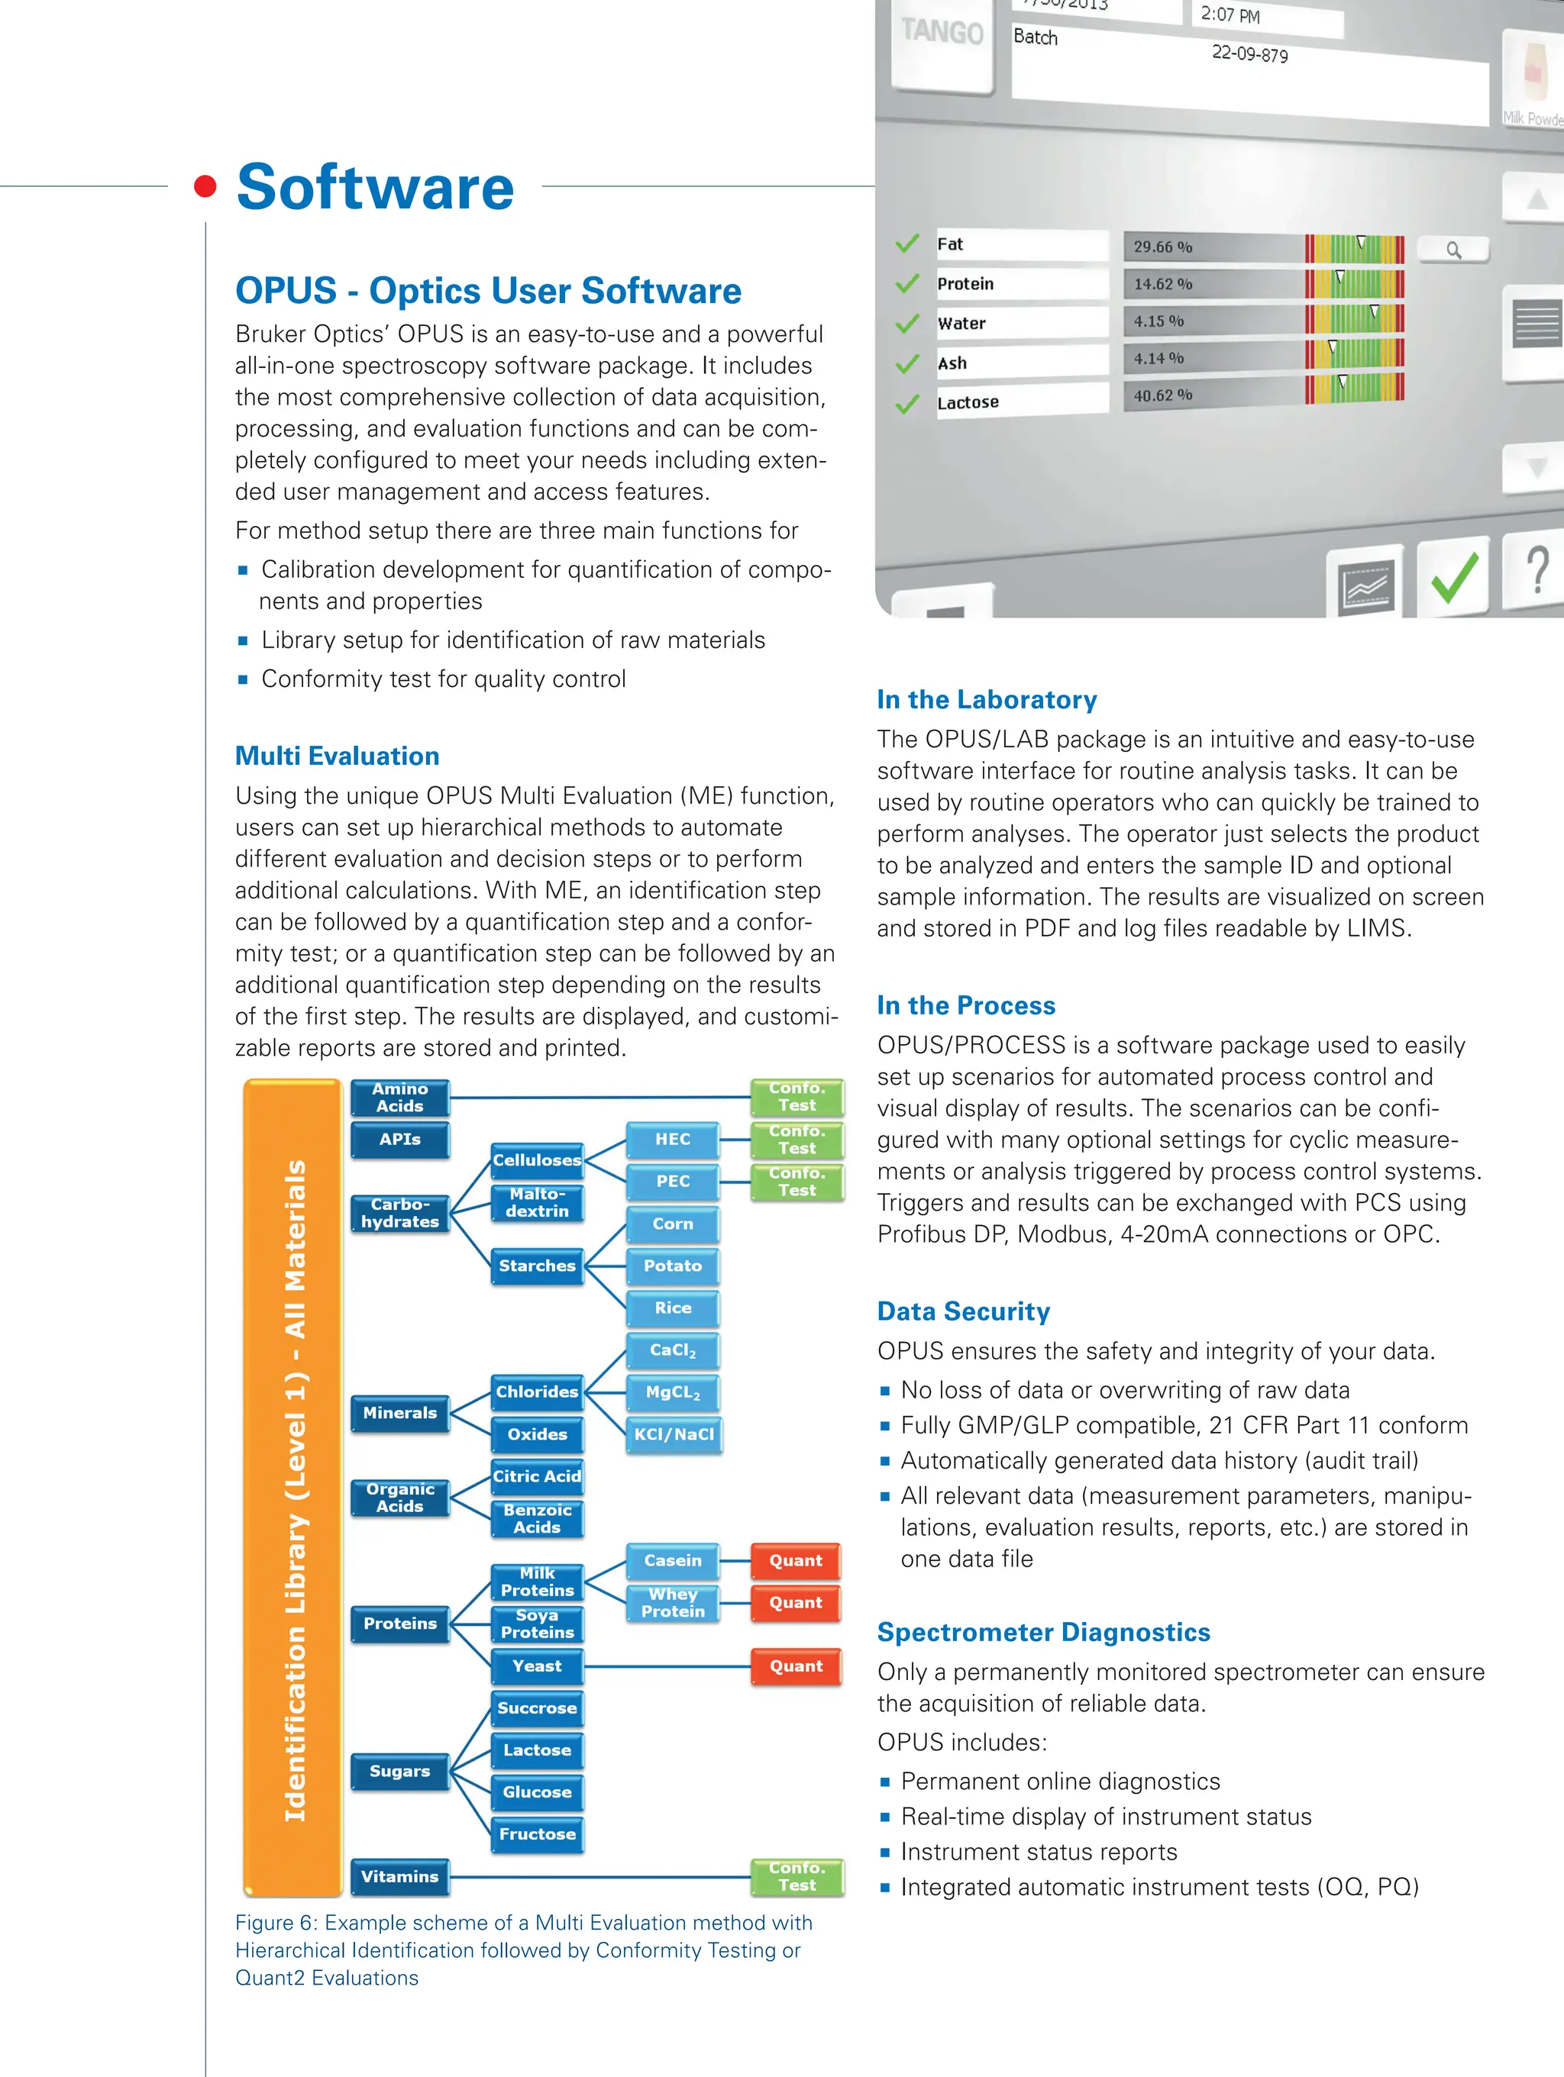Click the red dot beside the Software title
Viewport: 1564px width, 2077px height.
pyautogui.click(x=205, y=186)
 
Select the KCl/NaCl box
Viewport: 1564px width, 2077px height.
pyautogui.click(x=674, y=1434)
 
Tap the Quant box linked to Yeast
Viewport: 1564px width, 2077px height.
pyautogui.click(x=796, y=1666)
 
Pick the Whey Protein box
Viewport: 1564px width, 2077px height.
pyautogui.click(x=673, y=1603)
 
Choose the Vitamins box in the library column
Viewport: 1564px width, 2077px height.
pyautogui.click(x=400, y=1876)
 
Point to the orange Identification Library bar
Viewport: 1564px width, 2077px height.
pyautogui.click(x=293, y=1488)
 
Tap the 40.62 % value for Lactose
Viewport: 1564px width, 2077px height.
pyautogui.click(x=1162, y=395)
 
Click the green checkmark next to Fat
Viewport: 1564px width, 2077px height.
pyautogui.click(x=907, y=244)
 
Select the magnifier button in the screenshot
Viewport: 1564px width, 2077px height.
pyautogui.click(x=1453, y=250)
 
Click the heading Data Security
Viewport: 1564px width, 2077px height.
pyautogui.click(x=963, y=1311)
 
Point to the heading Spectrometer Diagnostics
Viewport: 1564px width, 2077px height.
pyautogui.click(x=1042, y=1632)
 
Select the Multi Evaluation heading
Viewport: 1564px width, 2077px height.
pyautogui.click(x=336, y=756)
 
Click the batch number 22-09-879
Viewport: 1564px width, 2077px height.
pyautogui.click(x=1249, y=53)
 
